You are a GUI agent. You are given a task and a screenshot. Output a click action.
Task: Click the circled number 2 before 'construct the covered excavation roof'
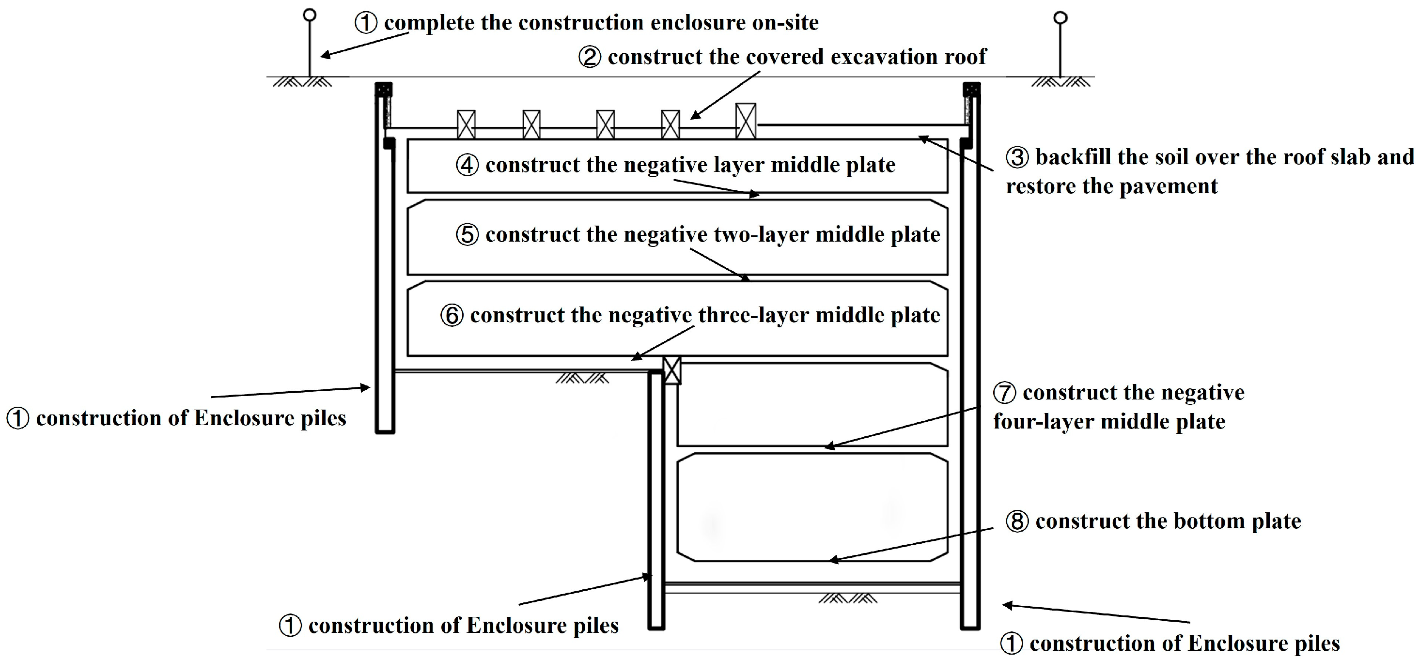coord(590,57)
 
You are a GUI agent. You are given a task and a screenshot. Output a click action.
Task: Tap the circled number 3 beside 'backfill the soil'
coord(1017,157)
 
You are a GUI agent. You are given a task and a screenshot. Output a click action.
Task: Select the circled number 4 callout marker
coord(467,165)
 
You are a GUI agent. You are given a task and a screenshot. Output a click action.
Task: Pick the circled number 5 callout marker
coord(467,235)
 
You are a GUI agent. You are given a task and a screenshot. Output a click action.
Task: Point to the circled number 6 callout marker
coord(452,316)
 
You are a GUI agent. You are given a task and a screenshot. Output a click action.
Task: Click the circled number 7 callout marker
coord(1004,393)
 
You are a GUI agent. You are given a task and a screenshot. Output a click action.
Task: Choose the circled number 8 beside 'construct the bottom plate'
coord(1017,521)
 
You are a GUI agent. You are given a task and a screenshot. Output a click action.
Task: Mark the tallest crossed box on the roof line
coord(745,121)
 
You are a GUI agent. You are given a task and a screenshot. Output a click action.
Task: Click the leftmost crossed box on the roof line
coord(466,124)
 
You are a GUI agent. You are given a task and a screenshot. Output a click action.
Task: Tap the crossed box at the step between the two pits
coord(671,370)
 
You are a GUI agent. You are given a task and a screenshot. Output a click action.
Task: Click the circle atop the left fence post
coord(310,15)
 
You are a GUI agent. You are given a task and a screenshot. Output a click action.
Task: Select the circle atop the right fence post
coord(1060,18)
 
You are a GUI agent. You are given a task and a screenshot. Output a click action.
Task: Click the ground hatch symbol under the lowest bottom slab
coord(847,598)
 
